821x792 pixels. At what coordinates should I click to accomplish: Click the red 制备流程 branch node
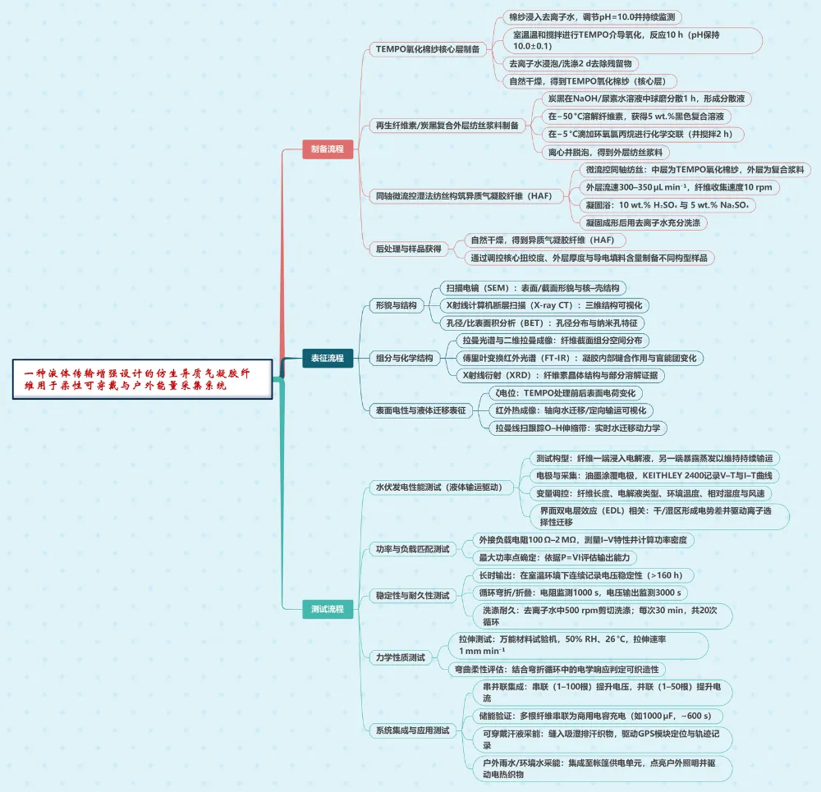point(328,149)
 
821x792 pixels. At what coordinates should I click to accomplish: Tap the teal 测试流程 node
point(328,609)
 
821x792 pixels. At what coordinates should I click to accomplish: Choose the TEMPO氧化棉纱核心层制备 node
point(427,49)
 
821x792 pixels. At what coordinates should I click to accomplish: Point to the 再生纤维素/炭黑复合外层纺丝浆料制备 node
point(447,126)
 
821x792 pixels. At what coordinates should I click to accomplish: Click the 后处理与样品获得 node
point(408,249)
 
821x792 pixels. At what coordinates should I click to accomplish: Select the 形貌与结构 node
point(395,305)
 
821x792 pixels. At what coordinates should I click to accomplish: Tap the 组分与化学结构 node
point(403,358)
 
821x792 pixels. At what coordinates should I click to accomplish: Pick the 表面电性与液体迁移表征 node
point(420,410)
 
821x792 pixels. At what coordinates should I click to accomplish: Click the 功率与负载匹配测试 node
point(412,549)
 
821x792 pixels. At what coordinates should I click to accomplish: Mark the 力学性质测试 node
point(400,657)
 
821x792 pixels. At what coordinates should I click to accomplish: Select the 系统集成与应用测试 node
point(412,730)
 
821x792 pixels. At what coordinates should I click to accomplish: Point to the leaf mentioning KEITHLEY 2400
point(654,476)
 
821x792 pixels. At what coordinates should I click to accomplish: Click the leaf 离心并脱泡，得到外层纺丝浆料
point(608,152)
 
